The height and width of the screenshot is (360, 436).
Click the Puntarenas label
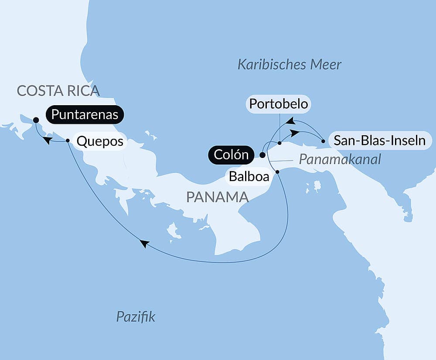tap(85, 115)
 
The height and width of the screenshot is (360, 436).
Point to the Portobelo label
tap(279, 104)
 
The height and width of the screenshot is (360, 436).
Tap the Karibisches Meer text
tap(290, 65)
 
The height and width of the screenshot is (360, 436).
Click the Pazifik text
tap(136, 317)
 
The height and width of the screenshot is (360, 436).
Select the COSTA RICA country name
tap(58, 91)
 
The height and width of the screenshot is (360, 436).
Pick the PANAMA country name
tap(217, 197)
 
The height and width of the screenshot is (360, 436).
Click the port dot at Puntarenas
tap(36, 120)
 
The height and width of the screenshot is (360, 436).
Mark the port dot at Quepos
tap(68, 141)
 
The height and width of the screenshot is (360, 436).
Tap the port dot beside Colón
tap(262, 154)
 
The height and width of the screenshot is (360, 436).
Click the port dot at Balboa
tap(277, 172)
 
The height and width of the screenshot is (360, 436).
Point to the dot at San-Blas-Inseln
tap(323, 141)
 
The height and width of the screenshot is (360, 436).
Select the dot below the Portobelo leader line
tap(279, 143)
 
